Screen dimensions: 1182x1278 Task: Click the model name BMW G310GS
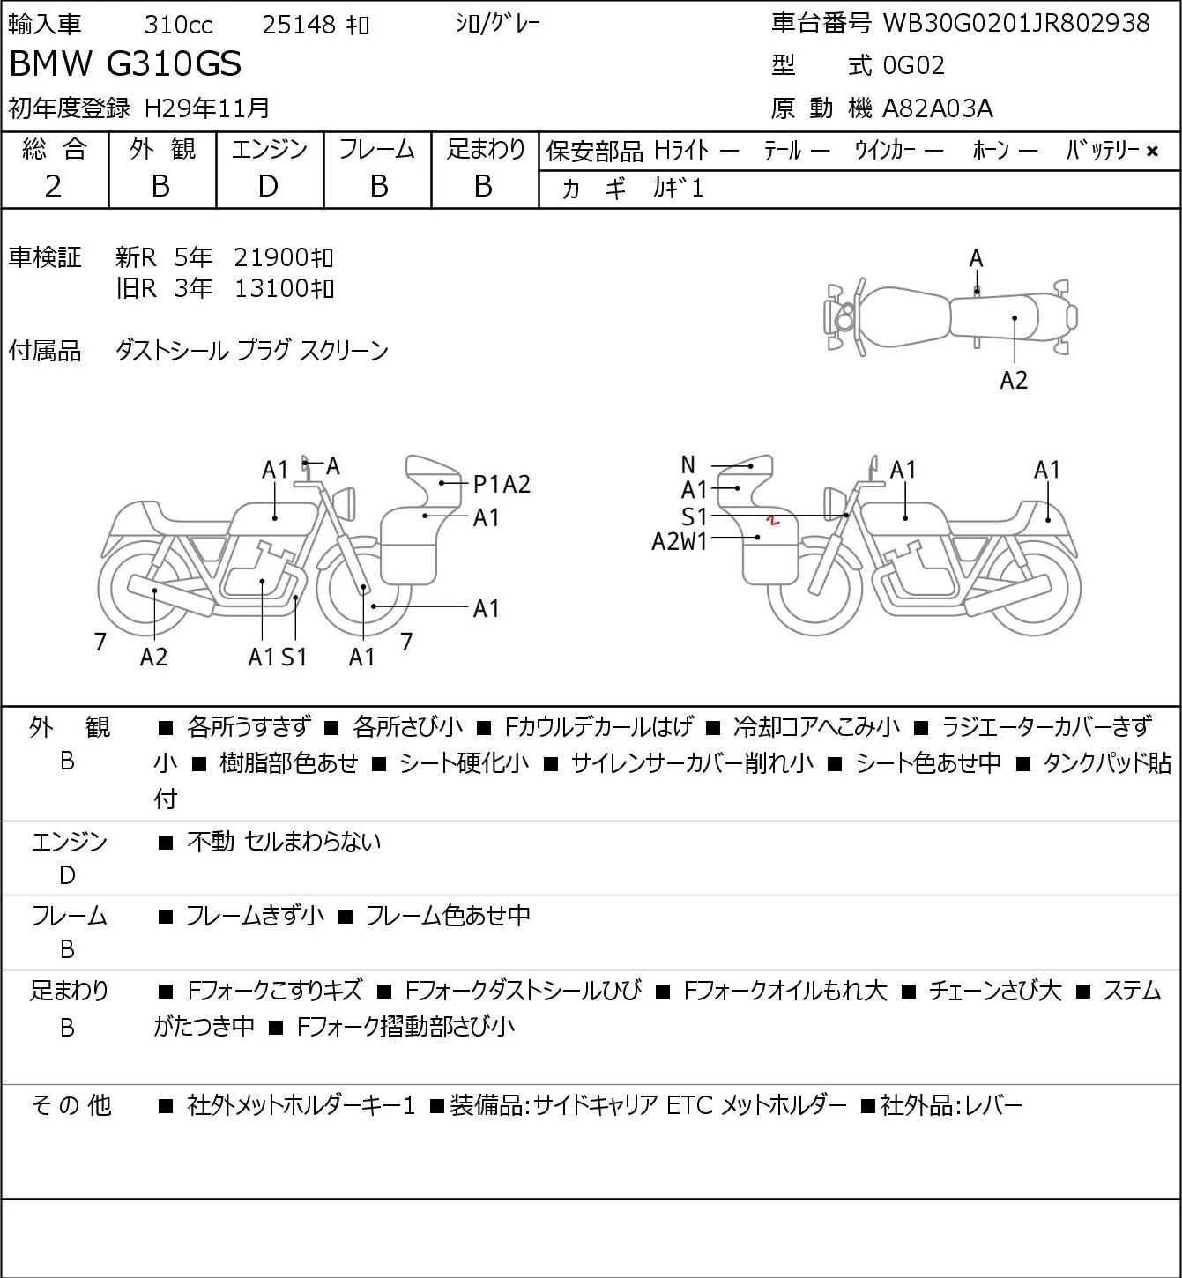(125, 63)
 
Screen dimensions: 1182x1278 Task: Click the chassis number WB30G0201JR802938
(1016, 23)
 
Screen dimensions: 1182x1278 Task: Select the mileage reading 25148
(299, 25)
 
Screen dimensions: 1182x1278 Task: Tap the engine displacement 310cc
(178, 25)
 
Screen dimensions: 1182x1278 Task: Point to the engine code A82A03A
(937, 108)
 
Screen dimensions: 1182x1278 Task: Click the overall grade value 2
(53, 187)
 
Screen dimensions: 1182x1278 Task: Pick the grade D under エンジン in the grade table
(268, 187)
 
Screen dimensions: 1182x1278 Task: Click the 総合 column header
(54, 150)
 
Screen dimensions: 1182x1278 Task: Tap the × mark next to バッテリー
(1152, 152)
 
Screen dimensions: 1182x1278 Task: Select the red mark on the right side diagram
(772, 520)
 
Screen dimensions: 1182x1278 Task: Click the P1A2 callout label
(502, 484)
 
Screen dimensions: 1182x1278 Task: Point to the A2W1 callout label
(680, 542)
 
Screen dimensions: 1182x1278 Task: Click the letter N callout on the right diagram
(688, 464)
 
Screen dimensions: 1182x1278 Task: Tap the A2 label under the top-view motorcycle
(1014, 380)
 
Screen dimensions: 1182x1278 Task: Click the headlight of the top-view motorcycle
(842, 316)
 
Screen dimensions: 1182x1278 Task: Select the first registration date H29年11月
(206, 108)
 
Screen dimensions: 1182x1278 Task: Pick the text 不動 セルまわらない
(284, 841)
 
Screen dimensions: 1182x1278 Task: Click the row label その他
(71, 1105)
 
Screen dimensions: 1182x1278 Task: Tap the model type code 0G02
(913, 65)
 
